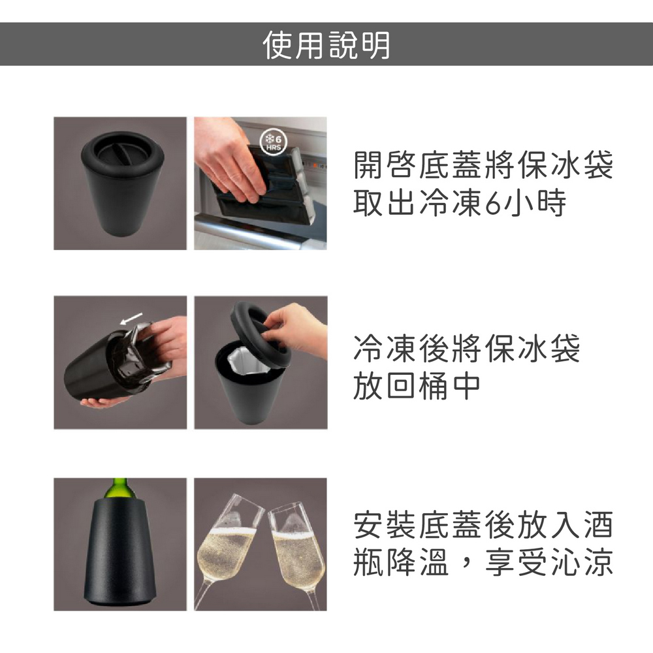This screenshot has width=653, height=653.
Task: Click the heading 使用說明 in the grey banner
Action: (x=326, y=44)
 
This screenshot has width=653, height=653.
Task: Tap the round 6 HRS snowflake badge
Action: (x=273, y=142)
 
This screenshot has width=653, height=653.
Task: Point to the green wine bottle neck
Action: (x=120, y=488)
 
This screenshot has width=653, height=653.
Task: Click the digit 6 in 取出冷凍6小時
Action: (x=492, y=203)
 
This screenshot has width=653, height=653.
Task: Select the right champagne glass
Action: (x=296, y=554)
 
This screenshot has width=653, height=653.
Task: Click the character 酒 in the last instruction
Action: (x=598, y=525)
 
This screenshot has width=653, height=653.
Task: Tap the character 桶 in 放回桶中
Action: (x=433, y=386)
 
